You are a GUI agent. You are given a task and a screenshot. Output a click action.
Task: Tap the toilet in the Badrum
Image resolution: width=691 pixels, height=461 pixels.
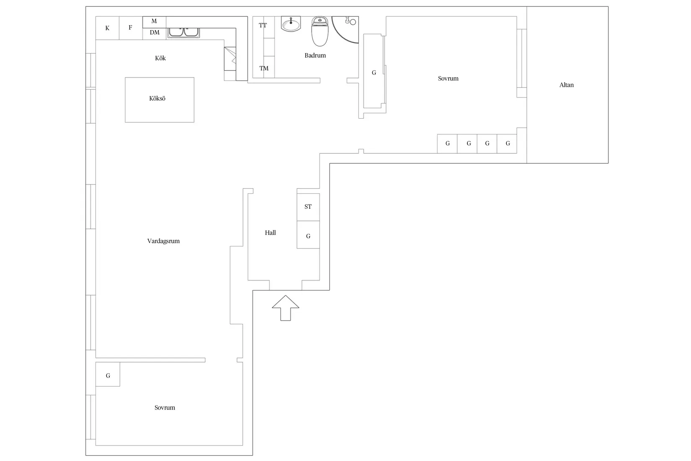320,31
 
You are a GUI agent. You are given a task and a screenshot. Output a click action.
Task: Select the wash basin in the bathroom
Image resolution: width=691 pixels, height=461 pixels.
291,24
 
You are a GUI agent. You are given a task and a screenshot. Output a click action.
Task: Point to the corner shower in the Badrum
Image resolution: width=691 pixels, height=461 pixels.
345,30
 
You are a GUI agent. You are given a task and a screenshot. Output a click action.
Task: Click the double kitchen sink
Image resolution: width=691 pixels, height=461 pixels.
183,32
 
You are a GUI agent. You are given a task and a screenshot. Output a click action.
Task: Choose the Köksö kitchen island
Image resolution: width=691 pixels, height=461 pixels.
160,100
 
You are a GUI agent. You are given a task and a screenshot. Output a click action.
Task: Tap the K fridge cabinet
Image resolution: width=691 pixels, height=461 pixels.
107,28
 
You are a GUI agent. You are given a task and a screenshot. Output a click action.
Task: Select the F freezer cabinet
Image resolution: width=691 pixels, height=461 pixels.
131,28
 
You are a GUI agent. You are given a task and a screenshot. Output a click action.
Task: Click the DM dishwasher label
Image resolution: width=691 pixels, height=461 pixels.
155,32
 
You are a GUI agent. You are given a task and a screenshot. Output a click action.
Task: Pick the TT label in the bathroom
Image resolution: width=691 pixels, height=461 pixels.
263,25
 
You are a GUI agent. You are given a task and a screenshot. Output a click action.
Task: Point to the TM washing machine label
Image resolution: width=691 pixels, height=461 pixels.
264,68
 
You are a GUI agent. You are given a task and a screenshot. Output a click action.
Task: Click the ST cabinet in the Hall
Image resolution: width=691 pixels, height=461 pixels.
308,207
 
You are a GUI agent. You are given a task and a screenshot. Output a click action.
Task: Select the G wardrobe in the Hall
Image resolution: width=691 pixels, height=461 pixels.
308,235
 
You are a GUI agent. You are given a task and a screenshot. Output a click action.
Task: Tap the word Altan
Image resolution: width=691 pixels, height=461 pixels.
567,85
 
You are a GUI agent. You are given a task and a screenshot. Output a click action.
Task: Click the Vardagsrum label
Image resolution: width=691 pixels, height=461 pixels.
163,241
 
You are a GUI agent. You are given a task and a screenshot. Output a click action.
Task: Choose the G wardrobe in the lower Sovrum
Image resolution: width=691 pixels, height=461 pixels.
108,374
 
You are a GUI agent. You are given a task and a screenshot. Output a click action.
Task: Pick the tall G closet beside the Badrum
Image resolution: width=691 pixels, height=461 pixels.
374,71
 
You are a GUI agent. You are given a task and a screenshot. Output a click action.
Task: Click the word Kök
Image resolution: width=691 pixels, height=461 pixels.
160,58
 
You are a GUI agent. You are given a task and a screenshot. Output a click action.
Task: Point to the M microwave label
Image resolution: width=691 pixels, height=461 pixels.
154,21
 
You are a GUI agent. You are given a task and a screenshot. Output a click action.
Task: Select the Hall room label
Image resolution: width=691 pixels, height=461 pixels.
270,233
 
